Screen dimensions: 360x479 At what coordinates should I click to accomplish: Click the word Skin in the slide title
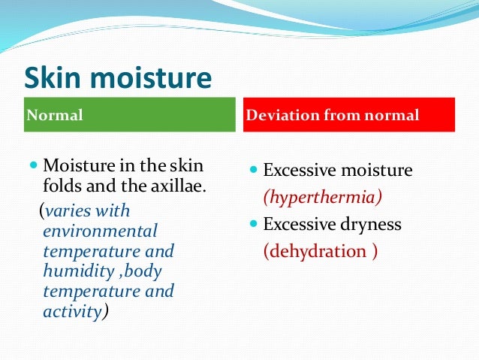click(x=56, y=78)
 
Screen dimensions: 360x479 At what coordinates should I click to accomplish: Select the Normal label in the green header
click(x=54, y=116)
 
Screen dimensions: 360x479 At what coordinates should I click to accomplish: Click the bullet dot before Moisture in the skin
click(x=35, y=164)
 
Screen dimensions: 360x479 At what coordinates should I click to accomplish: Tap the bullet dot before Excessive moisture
click(x=254, y=171)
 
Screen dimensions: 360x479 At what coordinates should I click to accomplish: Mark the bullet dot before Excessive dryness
click(x=254, y=224)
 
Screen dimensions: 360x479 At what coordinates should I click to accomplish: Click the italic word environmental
click(x=101, y=231)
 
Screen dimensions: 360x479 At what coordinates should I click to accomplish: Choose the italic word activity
click(x=71, y=311)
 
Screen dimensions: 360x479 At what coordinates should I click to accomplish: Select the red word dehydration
click(x=315, y=251)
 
